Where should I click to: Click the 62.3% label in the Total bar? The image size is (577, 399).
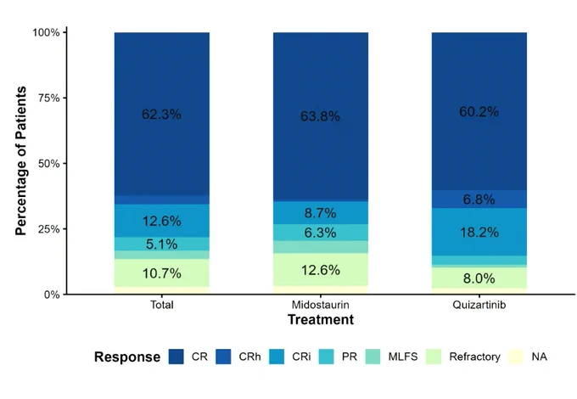[x=161, y=114]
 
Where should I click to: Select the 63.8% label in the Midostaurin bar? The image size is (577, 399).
[x=320, y=116]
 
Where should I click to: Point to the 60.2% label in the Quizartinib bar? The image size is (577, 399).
[x=479, y=111]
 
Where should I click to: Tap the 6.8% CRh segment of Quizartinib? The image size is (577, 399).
[x=479, y=199]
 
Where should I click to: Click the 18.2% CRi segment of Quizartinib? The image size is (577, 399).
[x=479, y=232]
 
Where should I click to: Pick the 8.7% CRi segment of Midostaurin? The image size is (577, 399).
[x=321, y=213]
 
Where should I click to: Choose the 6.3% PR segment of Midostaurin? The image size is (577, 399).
[x=321, y=233]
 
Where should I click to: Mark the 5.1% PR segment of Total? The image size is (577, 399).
[x=162, y=244]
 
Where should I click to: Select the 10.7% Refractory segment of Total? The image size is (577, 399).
[x=162, y=273]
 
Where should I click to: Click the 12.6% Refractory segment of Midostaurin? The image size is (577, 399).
[x=321, y=270]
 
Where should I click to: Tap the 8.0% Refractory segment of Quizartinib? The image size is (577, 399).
[x=479, y=278]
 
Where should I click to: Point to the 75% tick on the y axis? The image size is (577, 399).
[x=64, y=98]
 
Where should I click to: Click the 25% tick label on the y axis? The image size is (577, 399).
[x=48, y=229]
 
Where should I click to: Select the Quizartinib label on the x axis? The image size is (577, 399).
[x=479, y=305]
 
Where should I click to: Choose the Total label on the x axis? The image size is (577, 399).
[x=162, y=305]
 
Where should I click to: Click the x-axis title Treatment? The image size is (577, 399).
[x=321, y=319]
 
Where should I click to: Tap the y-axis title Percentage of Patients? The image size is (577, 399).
[x=21, y=160]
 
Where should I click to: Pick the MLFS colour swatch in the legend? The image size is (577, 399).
[x=373, y=357]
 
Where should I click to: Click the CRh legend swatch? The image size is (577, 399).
[x=223, y=357]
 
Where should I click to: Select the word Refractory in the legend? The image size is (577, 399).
[x=474, y=357]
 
